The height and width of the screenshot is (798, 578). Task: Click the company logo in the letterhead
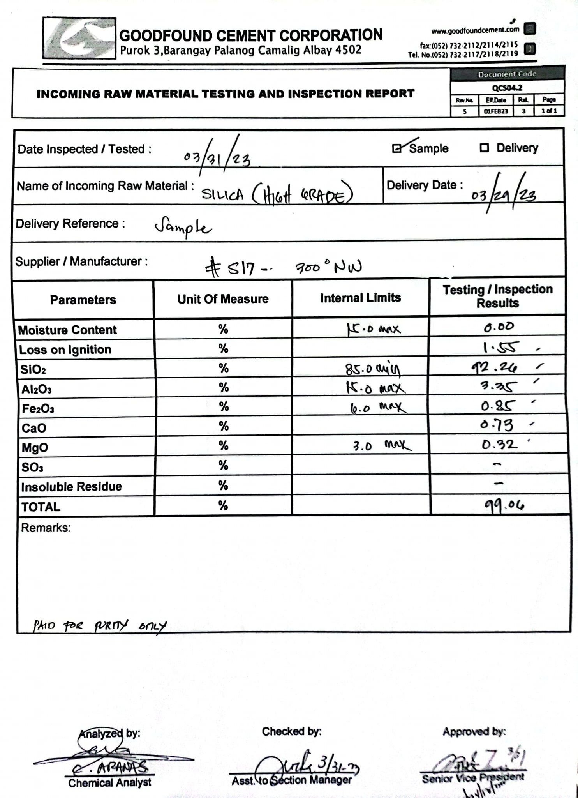click(x=79, y=38)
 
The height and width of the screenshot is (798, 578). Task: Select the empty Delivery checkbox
click(x=484, y=148)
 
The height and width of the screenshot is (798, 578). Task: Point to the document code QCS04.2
click(x=507, y=88)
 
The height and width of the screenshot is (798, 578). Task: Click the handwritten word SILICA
click(x=222, y=194)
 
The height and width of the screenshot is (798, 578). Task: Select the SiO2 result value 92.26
click(x=494, y=367)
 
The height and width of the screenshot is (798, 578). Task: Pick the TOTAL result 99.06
click(x=504, y=505)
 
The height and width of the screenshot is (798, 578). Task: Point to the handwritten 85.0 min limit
click(x=372, y=369)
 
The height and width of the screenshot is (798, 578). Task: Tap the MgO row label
click(x=35, y=448)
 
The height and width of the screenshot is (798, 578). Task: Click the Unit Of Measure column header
click(x=223, y=299)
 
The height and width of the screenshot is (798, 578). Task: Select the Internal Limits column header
click(x=360, y=298)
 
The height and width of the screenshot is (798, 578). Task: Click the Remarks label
click(x=46, y=528)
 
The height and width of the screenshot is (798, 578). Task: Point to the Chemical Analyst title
click(x=109, y=782)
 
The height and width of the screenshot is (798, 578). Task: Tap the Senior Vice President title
click(x=473, y=778)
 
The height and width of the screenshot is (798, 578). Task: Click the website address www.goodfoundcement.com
click(x=475, y=30)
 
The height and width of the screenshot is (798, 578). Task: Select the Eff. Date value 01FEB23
click(x=495, y=111)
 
